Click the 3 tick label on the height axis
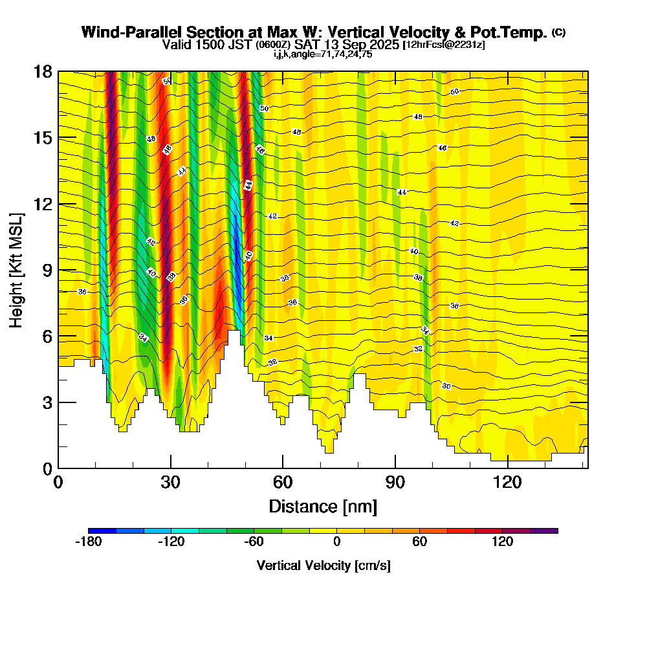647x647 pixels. point(46,402)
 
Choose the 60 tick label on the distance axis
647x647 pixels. point(283,482)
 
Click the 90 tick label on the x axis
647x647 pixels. point(395,482)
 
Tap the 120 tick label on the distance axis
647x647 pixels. point(508,482)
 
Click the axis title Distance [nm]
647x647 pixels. point(323,506)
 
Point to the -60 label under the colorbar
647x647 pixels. point(254,542)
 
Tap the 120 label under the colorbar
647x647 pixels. point(502,542)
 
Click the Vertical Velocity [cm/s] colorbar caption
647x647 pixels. point(323,565)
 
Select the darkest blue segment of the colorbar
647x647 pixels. point(102,531)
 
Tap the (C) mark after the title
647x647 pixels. point(558,32)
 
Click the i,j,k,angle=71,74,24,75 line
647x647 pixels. point(323,54)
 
